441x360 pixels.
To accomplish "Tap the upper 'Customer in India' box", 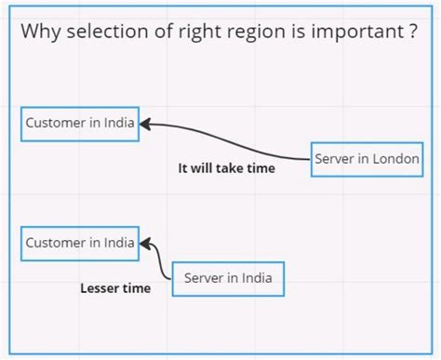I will coord(80,123).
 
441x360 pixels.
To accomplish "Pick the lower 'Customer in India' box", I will coord(80,243).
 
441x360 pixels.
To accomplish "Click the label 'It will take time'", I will coord(226,168).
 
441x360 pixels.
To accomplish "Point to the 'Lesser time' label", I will coord(115,288).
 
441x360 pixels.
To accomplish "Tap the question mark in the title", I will coord(410,33).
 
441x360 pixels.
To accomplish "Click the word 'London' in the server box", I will coord(397,158).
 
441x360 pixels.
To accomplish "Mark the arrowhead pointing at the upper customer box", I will coord(145,123).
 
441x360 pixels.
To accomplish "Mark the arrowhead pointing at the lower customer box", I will coord(145,244).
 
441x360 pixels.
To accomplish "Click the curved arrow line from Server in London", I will coord(233,140).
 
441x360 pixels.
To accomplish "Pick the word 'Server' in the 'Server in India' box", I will coord(204,277).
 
